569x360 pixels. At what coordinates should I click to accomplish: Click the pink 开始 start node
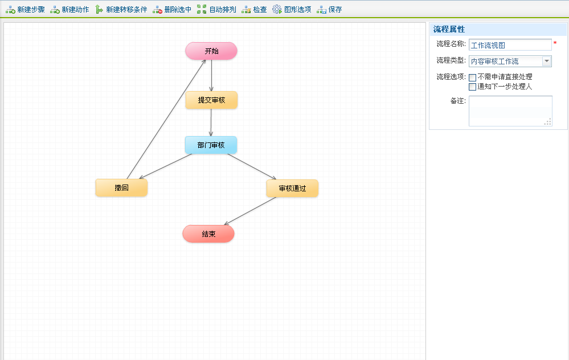click(211, 51)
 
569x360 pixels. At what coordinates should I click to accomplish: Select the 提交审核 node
click(211, 100)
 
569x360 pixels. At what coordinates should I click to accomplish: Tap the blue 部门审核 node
click(211, 145)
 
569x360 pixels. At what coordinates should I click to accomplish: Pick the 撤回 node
click(121, 188)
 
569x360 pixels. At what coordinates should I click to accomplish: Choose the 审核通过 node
click(292, 189)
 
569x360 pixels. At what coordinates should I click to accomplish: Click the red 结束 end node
click(208, 234)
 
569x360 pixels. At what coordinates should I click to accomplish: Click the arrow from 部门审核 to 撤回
click(165, 166)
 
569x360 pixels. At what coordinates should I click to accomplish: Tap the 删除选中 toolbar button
click(171, 9)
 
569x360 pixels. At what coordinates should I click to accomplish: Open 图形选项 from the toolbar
click(292, 9)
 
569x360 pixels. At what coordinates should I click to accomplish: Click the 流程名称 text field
click(510, 45)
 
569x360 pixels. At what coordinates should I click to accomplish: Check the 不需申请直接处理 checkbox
click(472, 77)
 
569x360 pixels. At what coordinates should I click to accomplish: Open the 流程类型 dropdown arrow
click(547, 61)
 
